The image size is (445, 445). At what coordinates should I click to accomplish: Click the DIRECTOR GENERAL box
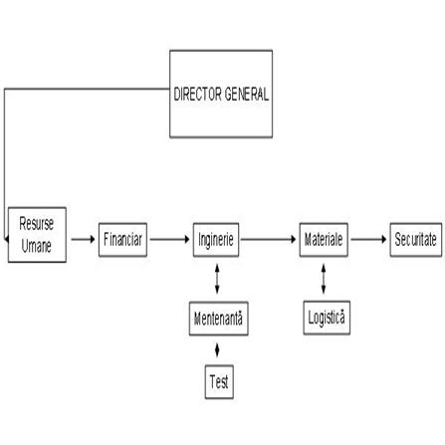tap(221, 94)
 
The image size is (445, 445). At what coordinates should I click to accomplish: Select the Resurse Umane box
tap(37, 235)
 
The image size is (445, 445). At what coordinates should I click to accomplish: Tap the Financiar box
tap(122, 240)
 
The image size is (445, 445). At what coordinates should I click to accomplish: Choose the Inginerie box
tap(216, 240)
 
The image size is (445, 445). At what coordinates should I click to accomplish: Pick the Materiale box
tap(324, 240)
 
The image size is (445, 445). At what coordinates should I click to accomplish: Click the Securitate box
tap(416, 240)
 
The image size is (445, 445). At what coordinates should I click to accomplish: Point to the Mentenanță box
tap(219, 319)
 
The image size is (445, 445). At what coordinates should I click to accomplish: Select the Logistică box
tap(327, 318)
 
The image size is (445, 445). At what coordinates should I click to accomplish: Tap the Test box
tap(219, 381)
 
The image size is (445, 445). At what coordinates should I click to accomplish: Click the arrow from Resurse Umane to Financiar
tap(84, 239)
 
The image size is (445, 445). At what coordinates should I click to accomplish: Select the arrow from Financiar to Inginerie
tap(170, 239)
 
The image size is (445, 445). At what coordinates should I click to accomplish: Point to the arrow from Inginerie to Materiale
tap(269, 239)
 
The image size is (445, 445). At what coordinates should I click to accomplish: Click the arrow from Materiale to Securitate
tap(369, 239)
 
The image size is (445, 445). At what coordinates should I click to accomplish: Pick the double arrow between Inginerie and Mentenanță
tap(217, 279)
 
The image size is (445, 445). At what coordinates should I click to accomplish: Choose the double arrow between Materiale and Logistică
tap(324, 279)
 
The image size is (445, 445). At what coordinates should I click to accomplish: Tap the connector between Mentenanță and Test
tap(217, 350)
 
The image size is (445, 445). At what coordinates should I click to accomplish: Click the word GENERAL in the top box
tap(246, 94)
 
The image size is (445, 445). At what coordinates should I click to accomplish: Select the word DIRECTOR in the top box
tap(198, 94)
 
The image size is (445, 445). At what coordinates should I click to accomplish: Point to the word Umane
tap(37, 246)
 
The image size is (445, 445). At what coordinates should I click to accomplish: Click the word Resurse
tap(37, 223)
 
